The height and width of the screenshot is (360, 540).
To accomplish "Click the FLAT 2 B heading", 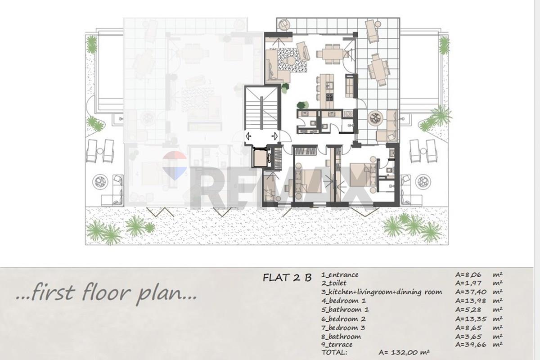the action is click(x=287, y=278).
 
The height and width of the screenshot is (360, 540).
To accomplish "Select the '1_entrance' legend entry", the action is click(x=340, y=274).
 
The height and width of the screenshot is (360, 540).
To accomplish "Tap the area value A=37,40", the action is click(x=471, y=292).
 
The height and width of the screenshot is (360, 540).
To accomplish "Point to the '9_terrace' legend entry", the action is click(x=337, y=345).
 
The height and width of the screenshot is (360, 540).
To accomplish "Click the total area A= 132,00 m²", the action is click(x=404, y=352).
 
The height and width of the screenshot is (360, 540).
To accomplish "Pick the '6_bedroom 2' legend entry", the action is click(x=343, y=319).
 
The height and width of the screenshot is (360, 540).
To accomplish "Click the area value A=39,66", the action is click(x=471, y=345).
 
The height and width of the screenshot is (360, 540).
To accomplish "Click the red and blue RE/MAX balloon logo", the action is click(x=175, y=166).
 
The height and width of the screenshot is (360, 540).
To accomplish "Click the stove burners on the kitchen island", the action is click(x=329, y=97).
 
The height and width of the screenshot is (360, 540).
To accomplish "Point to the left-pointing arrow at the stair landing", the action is click(x=248, y=136).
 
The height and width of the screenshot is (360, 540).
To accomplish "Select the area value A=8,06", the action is click(x=468, y=274).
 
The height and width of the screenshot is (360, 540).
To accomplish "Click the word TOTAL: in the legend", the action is click(x=334, y=352).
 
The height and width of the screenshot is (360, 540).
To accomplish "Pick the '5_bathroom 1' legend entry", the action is click(x=345, y=310).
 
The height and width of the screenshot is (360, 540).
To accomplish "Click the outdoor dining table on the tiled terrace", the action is click(x=379, y=69).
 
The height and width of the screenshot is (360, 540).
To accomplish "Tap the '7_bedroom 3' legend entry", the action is click(x=343, y=328).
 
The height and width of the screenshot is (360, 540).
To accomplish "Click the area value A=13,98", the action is click(x=471, y=301).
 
